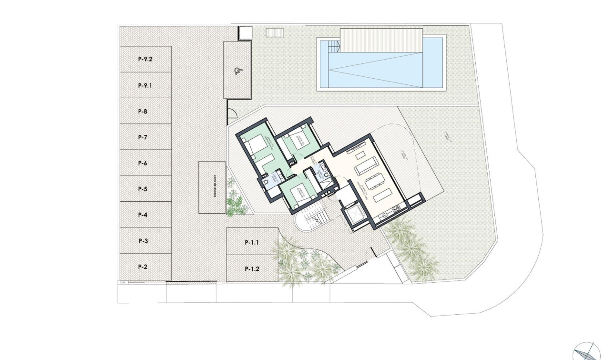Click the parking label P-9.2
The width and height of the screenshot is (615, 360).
pos(144,60)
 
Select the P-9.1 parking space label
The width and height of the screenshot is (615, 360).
pos(144,86)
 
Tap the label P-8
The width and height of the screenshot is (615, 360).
pos(143,112)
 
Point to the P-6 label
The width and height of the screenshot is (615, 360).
pos(143,163)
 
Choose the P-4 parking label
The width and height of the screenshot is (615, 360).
pos(143,215)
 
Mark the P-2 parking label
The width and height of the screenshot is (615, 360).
pos(143,267)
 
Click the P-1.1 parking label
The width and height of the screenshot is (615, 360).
pos(252,243)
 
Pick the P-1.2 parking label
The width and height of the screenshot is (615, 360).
pos(252,269)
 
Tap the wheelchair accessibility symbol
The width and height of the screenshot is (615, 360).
pos(237,72)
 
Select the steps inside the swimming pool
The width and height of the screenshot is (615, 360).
pos(332,47)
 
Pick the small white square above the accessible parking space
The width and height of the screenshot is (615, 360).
pos(245,33)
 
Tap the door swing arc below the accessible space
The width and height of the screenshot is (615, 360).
pos(232,114)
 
